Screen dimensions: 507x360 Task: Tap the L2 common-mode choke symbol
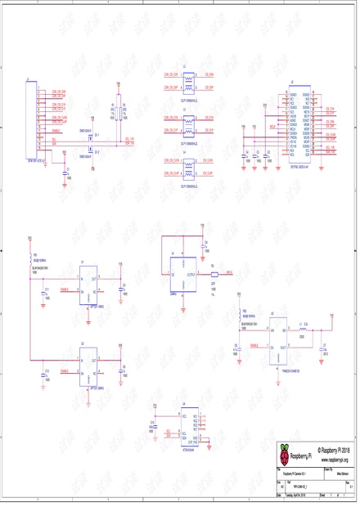[191, 82]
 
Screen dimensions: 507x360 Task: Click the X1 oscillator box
[179, 275]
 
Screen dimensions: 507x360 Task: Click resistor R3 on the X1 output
[213, 273]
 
